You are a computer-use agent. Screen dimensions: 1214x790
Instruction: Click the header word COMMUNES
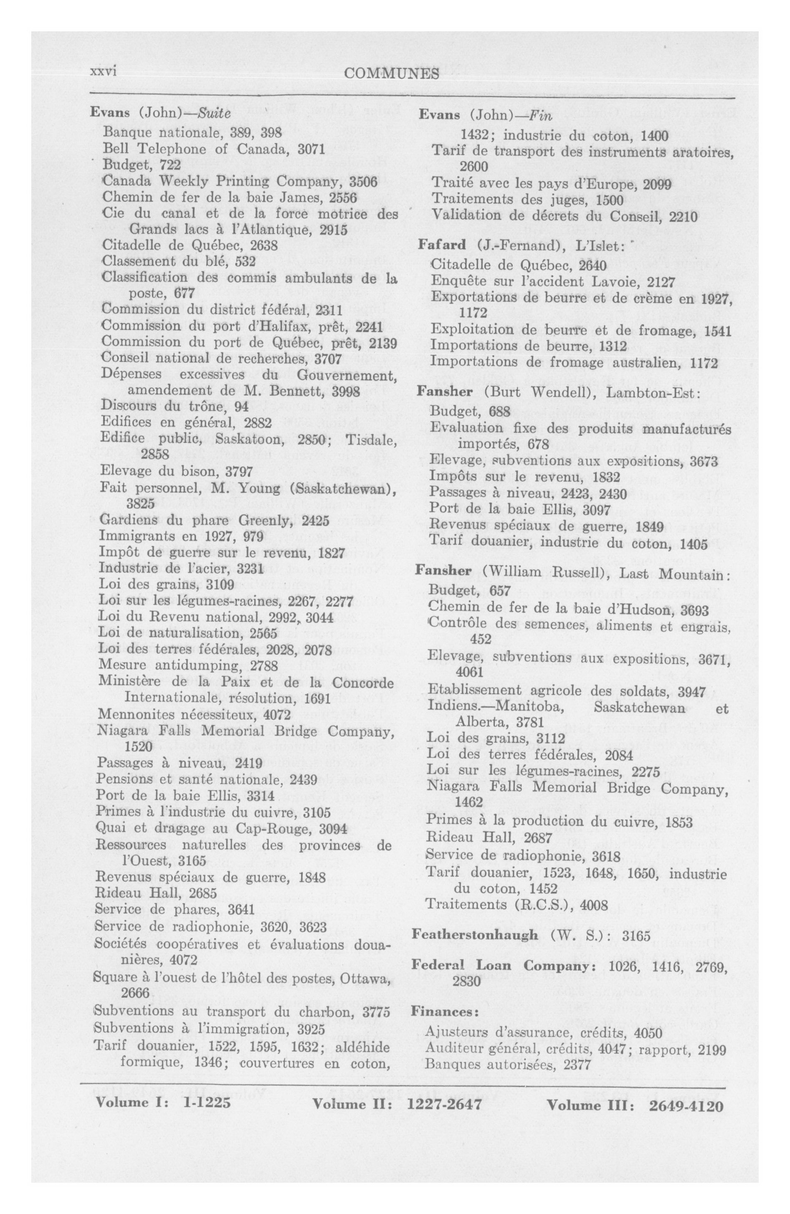(x=391, y=74)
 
